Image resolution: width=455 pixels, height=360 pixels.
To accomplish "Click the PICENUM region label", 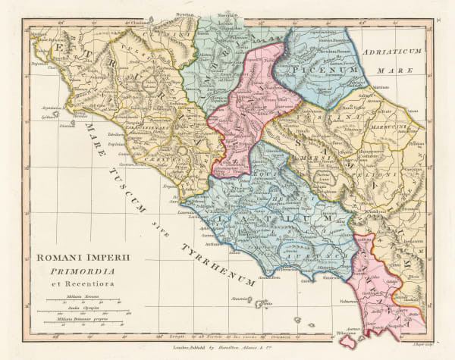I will click(x=331, y=70).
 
